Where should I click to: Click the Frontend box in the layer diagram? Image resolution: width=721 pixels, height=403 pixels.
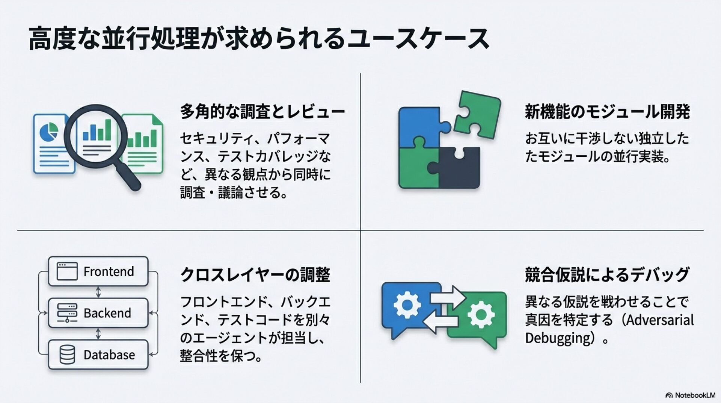(98, 271)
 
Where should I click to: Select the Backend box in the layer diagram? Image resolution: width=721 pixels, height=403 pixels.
(98, 313)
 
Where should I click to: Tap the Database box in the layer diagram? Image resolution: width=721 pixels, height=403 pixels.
(98, 355)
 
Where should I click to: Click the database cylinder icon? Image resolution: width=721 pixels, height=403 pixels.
(67, 355)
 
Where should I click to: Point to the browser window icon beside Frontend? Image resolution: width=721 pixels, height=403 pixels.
(67, 271)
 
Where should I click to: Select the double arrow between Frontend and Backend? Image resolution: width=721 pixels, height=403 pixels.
(98, 292)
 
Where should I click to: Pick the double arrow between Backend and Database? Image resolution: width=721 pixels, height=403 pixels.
(98, 334)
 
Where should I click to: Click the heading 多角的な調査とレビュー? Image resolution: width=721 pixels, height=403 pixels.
(262, 112)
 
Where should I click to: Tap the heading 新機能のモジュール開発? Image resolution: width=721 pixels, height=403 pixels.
(607, 112)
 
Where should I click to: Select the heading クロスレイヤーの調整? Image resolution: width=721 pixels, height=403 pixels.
(255, 275)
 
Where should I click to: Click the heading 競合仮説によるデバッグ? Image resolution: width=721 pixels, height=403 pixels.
(607, 275)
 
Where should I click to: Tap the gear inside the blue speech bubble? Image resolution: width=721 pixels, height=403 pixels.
(407, 304)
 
